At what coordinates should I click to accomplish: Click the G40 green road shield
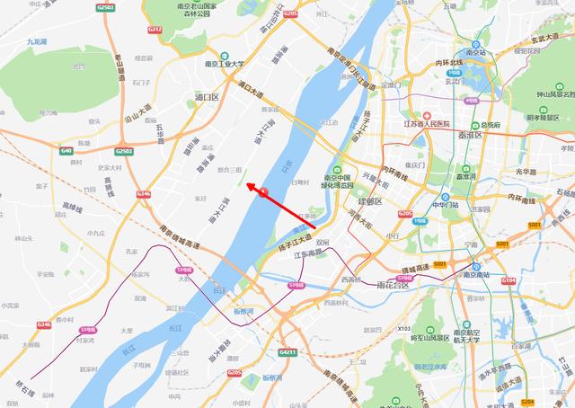[x=66, y=150]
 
